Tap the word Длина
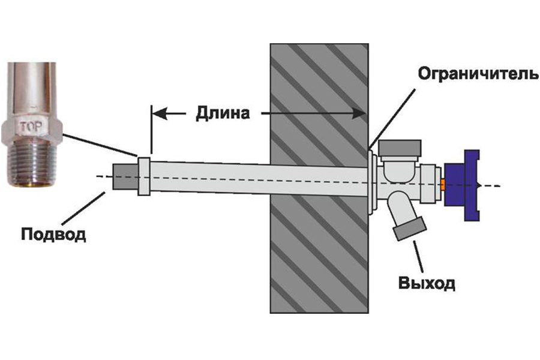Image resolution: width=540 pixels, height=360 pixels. click(x=222, y=113)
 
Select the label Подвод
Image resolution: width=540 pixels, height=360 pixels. click(x=53, y=233)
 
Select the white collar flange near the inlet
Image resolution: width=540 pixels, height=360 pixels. click(x=144, y=176)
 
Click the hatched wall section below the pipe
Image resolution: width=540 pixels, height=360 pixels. click(x=318, y=258)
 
